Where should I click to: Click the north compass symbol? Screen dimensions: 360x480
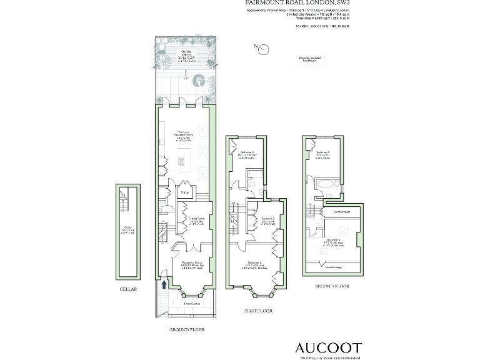coord(263,47)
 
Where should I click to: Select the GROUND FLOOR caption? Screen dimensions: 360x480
coord(187,329)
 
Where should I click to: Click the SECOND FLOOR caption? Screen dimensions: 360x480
coord(333,286)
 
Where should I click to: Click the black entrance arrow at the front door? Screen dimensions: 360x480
coord(164,284)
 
